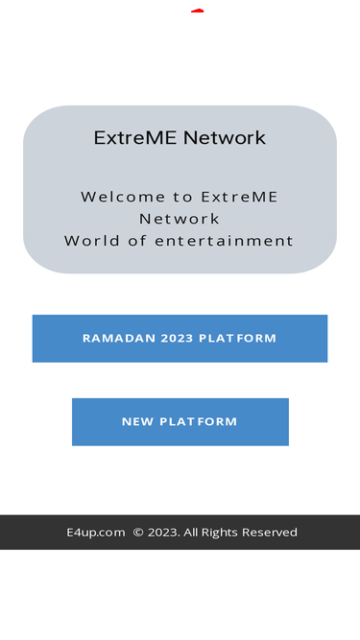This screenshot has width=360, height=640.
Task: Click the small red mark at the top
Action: [198, 11]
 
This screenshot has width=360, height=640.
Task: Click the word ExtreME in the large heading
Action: [135, 137]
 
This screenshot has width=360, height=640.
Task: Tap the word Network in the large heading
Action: [225, 137]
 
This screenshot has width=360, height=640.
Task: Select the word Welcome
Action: [123, 197]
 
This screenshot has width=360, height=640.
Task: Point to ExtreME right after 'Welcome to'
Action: [239, 197]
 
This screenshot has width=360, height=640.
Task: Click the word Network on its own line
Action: [180, 219]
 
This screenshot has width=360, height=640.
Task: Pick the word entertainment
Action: [224, 241]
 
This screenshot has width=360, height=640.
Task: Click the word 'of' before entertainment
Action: [137, 241]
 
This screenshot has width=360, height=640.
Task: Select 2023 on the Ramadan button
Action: [178, 339]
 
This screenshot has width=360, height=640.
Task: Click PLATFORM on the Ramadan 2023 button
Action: [237, 339]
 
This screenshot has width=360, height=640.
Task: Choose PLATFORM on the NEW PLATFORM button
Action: [199, 421]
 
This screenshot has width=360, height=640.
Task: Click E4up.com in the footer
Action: [96, 533]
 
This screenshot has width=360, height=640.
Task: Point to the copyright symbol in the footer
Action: [138, 533]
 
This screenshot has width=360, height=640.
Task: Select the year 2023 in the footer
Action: [163, 533]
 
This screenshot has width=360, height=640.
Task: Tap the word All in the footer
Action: [191, 533]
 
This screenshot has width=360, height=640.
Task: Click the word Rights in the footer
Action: [220, 533]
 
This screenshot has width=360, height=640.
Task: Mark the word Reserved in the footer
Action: [270, 533]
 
